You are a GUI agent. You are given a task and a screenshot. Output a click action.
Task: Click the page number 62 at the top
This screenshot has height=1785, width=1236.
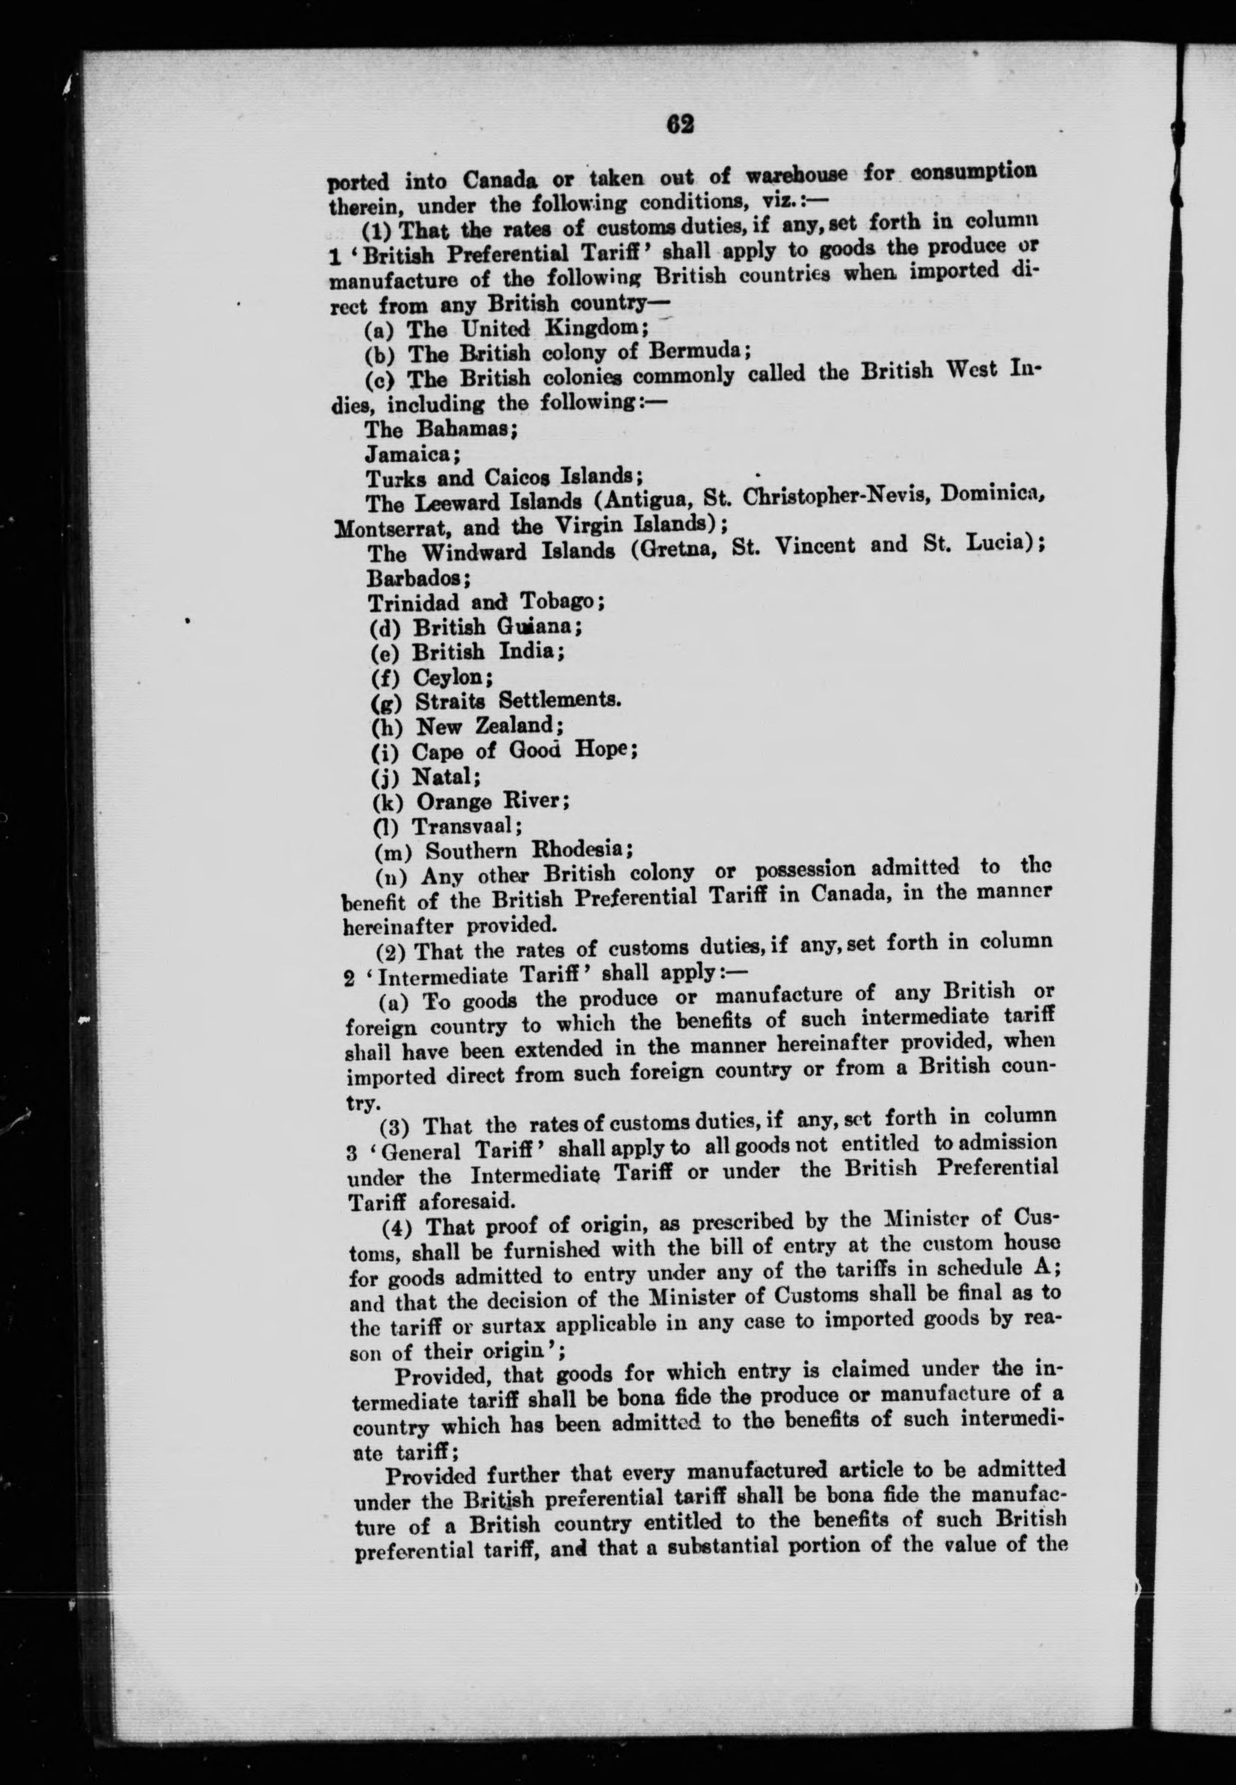click(676, 124)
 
